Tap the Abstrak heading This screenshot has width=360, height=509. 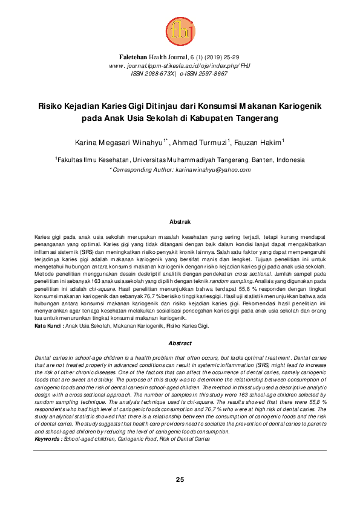tap(180, 222)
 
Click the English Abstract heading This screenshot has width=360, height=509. tap(180, 343)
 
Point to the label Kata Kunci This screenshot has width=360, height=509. tap(47, 326)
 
